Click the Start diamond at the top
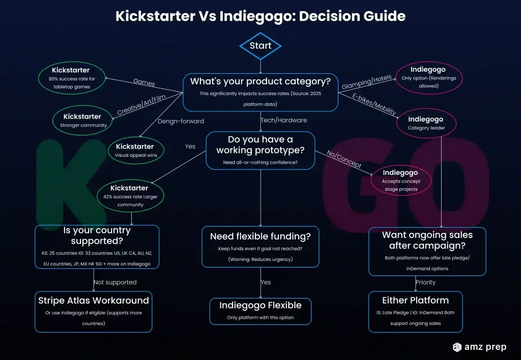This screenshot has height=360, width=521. click(260, 46)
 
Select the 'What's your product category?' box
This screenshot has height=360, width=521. click(260, 92)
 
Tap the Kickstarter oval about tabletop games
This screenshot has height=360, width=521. click(71, 78)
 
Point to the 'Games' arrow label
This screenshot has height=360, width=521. click(144, 82)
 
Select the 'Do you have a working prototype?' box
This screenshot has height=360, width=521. click(260, 151)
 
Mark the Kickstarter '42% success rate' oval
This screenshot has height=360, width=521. click(130, 196)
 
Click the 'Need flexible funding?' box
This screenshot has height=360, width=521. click(260, 247)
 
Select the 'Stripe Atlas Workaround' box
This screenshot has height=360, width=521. click(94, 311)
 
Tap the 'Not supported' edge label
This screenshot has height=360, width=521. click(115, 282)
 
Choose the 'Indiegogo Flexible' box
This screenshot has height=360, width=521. click(260, 311)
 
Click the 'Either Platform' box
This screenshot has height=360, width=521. click(415, 311)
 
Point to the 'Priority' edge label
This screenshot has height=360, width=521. click(425, 282)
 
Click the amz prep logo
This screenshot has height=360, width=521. click(479, 347)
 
